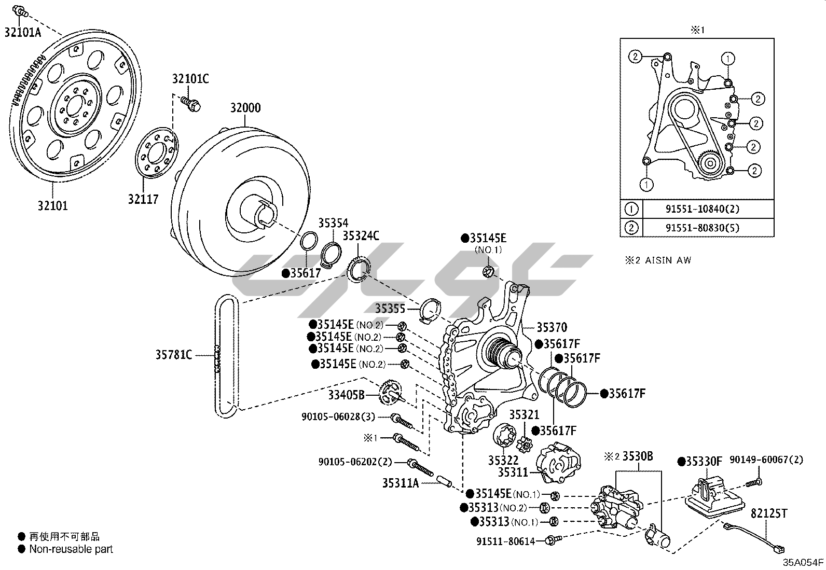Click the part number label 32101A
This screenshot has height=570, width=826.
23,33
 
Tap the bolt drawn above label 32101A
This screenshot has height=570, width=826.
20,11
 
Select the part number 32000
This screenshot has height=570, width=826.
245,108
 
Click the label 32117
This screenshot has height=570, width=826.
143,199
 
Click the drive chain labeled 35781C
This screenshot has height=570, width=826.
226,356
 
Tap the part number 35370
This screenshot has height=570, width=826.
552,327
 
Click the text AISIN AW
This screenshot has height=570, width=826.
668,260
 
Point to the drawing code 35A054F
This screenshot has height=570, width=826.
803,563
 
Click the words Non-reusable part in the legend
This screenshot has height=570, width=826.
71,549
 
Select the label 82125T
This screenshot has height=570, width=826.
769,513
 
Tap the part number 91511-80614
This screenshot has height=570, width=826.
505,541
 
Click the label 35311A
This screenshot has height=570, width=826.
401,483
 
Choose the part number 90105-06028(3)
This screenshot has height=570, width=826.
338,416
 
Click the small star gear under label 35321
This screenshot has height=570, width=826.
525,445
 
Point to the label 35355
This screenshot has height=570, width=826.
390,308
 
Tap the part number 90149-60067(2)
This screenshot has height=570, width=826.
766,460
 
